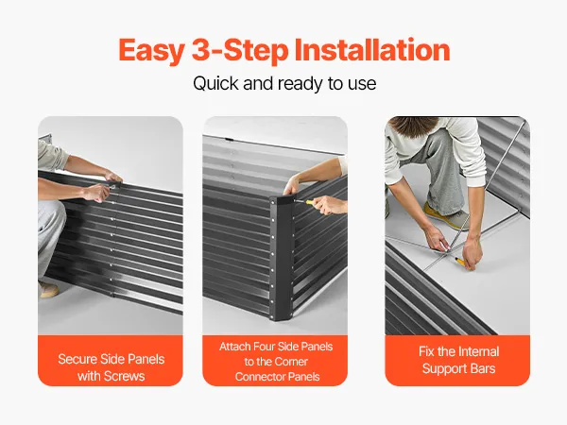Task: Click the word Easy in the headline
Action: (151, 51)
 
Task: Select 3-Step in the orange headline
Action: (239, 51)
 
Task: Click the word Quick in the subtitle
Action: (215, 83)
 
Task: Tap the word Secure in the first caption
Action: (77, 359)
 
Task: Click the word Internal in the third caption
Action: (479, 351)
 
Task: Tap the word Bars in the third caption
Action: (484, 368)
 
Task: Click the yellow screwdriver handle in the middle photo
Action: (310, 202)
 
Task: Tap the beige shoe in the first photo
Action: (48, 290)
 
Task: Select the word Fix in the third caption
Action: (426, 351)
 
